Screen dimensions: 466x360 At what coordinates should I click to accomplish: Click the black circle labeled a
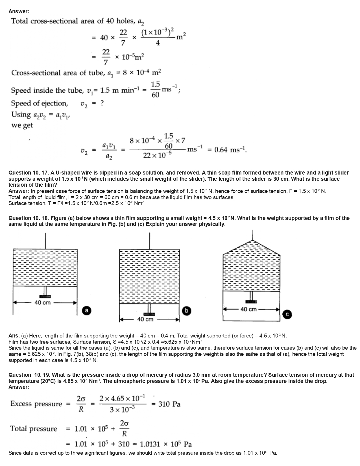pos(87,310)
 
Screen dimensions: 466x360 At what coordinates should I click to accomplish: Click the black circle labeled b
pos(186,311)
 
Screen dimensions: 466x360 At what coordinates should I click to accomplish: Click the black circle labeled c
pos(287,314)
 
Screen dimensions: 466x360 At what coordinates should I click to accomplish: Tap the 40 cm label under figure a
pos(42,302)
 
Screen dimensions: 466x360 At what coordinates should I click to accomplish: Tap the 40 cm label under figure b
pos(145,319)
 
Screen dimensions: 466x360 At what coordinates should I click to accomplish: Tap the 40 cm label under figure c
pos(248,309)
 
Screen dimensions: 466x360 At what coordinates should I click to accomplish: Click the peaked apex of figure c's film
pos(252,240)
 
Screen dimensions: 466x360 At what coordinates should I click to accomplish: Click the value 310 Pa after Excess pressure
pos(169,404)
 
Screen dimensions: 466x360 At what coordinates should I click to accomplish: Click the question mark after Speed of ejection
pos(102,103)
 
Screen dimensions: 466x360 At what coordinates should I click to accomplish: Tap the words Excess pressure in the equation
pos(36,404)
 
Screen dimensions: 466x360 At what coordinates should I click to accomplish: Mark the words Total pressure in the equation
pos(34,429)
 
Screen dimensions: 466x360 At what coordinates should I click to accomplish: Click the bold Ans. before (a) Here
pos(14,336)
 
